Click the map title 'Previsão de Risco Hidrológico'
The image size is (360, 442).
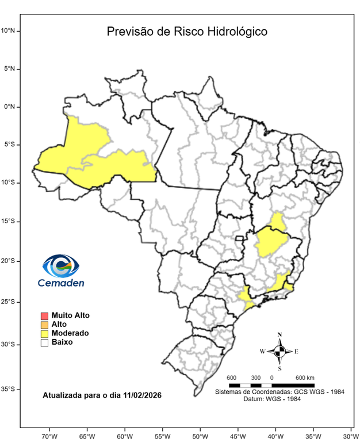[186, 31]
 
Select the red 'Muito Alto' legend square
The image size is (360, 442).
[44, 315]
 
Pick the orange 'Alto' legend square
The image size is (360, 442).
[44, 325]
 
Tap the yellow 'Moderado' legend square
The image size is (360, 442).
[44, 333]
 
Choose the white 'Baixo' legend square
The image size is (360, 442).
[44, 342]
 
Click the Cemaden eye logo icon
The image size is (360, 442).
[60, 266]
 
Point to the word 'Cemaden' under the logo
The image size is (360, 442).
[61, 283]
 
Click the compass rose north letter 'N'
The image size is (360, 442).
[279, 334]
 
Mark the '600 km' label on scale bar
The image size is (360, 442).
[305, 377]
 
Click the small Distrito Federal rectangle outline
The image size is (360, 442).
[239, 238]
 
